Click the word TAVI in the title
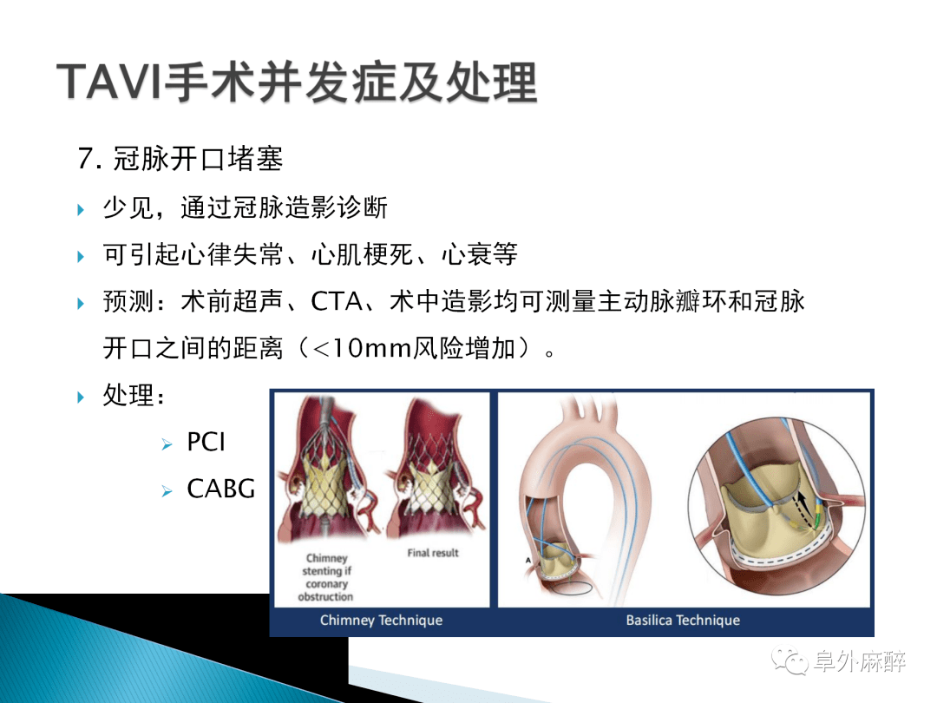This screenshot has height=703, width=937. point(109,82)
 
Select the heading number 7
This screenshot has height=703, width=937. point(90,159)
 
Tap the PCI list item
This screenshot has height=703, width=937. point(206,442)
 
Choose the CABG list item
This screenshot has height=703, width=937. point(221,489)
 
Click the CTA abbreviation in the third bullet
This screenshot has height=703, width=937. point(337,301)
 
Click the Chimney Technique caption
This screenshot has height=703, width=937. point(381,620)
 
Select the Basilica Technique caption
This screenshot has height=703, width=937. point(683,620)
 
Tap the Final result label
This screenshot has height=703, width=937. point(433,553)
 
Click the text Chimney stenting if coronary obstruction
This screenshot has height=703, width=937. point(325,577)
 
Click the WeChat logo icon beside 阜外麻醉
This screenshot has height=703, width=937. point(790,660)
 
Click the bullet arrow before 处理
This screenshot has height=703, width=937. point(81,397)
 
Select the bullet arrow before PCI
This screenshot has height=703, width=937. point(167,444)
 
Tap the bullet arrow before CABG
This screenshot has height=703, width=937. point(167,490)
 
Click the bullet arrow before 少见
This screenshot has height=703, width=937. point(81,209)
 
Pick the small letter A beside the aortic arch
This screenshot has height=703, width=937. point(527,560)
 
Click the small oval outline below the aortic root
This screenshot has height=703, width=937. point(571,588)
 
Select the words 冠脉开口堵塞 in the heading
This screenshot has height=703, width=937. point(198,159)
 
